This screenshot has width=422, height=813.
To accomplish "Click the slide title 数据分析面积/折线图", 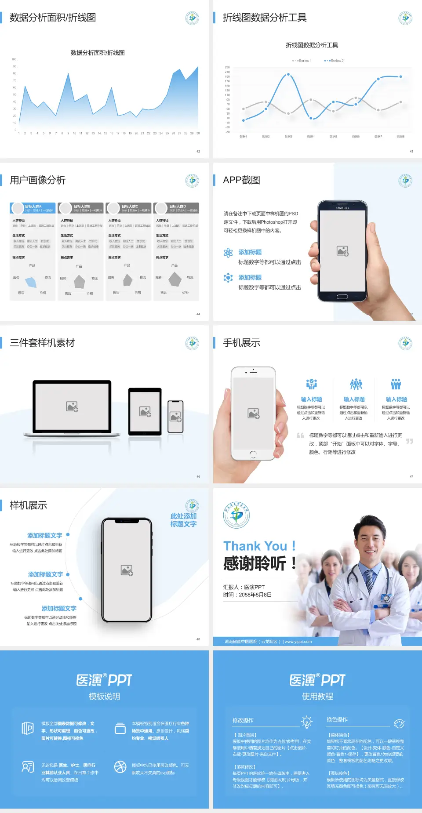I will click(x=53, y=18).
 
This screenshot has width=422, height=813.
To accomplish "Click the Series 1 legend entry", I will click(x=302, y=61).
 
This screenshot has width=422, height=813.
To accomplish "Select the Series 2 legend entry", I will click(x=335, y=61).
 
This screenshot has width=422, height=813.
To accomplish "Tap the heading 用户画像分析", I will click(x=38, y=180).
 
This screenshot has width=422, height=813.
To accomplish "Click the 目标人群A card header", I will click(x=33, y=208).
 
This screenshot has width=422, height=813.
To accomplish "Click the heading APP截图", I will click(x=241, y=180).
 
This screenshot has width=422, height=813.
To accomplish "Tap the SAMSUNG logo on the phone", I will click(x=342, y=208).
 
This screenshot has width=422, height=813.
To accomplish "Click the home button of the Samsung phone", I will click(x=342, y=297).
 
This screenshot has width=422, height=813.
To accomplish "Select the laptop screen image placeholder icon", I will click(x=72, y=406).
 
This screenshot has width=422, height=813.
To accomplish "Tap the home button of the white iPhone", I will click(x=253, y=454).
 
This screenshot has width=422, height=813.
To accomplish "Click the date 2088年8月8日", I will click(x=255, y=595).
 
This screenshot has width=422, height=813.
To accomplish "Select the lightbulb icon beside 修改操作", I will click(x=306, y=722).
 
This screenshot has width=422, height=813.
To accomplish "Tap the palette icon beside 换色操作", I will click(x=399, y=723).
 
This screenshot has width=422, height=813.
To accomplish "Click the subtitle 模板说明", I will click(x=104, y=697).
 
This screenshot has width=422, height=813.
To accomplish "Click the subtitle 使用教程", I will click(x=317, y=697).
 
